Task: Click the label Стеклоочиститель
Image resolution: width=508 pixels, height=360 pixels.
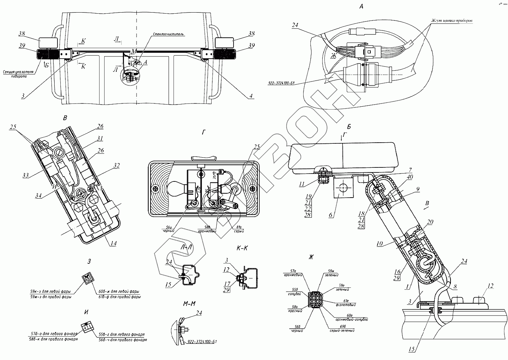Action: pyautogui.click(x=168, y=34)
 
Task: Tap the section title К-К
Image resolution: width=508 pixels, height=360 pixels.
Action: pyautogui.click(x=243, y=248)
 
